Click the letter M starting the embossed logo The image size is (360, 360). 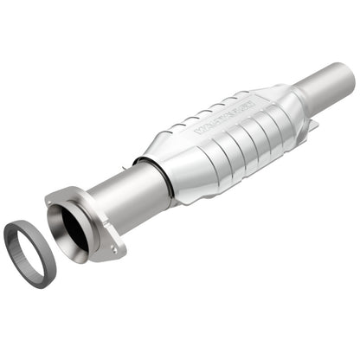pos(199,131)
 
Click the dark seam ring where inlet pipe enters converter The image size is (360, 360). pos(164,173)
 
